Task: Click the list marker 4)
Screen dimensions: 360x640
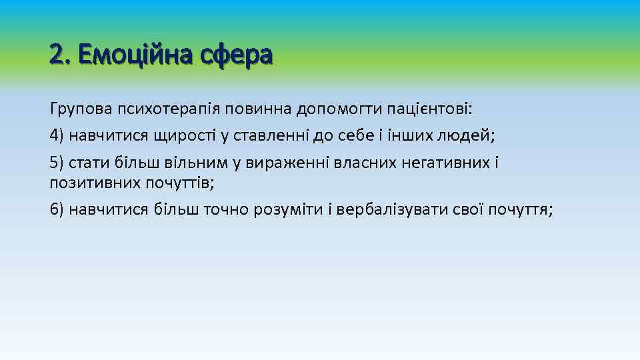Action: (x=57, y=135)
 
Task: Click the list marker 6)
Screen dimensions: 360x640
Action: (x=57, y=210)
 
